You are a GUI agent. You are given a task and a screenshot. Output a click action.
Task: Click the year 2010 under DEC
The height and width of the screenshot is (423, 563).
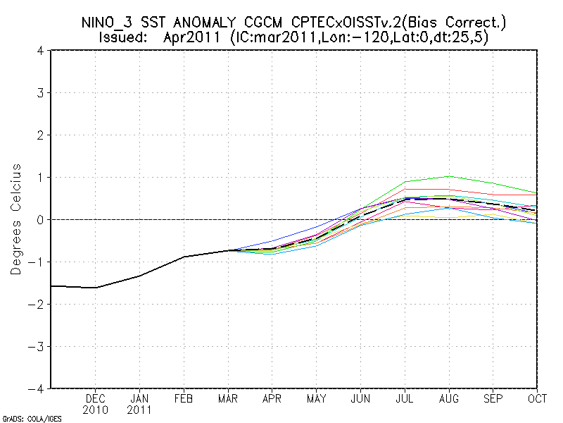96,410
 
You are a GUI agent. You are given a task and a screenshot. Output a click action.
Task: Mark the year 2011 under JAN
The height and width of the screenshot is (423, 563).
140,410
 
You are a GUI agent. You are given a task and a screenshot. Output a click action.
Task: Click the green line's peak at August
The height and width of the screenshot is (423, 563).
448,176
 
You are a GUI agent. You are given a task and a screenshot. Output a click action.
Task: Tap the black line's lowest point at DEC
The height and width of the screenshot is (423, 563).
96,288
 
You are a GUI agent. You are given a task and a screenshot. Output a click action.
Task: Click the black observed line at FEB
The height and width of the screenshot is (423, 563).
184,257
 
